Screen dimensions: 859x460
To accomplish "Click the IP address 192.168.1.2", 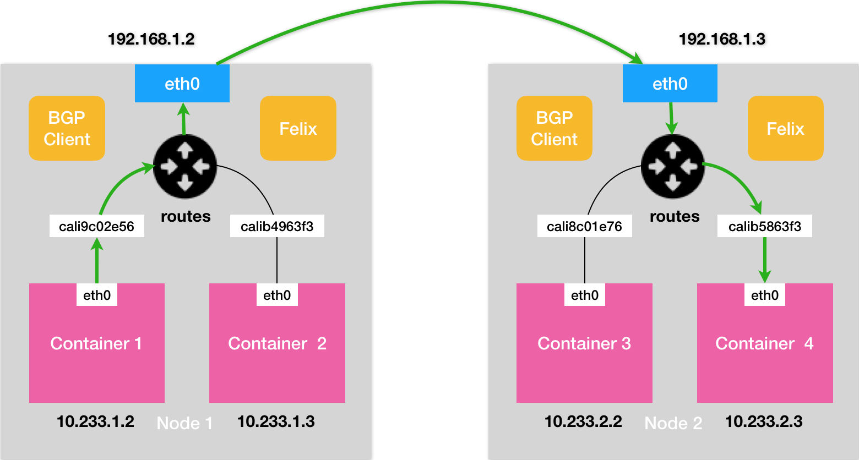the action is pyautogui.click(x=151, y=39).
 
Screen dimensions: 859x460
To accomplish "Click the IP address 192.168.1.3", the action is pyautogui.click(x=722, y=39).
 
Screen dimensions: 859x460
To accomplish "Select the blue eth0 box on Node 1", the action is pyautogui.click(x=182, y=83).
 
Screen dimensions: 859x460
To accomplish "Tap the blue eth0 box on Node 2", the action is pyautogui.click(x=670, y=83).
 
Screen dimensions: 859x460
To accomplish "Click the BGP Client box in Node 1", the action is pyautogui.click(x=67, y=128).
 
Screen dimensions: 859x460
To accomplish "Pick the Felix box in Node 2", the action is pyautogui.click(x=786, y=128).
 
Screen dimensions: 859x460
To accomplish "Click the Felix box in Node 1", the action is pyautogui.click(x=298, y=128).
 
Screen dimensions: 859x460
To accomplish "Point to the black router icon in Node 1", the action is pyautogui.click(x=185, y=166).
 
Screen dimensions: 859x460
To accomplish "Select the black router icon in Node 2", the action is pyautogui.click(x=673, y=166).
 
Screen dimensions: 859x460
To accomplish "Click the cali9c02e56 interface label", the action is pyautogui.click(x=97, y=226).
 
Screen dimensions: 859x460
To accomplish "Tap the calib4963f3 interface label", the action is pyautogui.click(x=277, y=226).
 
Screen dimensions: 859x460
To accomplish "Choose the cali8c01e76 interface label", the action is pyautogui.click(x=584, y=226).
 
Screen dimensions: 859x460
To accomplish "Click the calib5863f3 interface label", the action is pyautogui.click(x=765, y=226).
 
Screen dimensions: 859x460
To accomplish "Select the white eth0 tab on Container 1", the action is pyautogui.click(x=97, y=295).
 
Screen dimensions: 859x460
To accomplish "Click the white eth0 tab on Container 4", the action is pyautogui.click(x=765, y=295).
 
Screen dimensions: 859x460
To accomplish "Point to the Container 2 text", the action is pyautogui.click(x=278, y=343).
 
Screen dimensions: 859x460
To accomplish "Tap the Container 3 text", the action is pyautogui.click(x=584, y=343).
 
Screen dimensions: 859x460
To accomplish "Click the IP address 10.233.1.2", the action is pyautogui.click(x=95, y=421).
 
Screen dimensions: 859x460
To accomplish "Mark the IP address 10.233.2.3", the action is pyautogui.click(x=764, y=421).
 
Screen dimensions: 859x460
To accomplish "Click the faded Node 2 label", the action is pyautogui.click(x=673, y=424).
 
